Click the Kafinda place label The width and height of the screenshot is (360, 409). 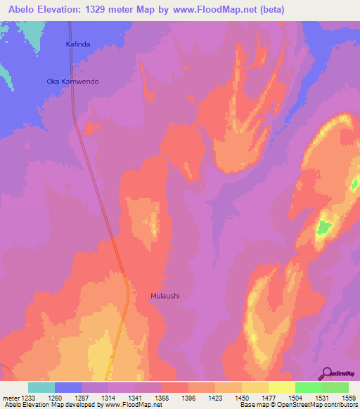tap(78, 44)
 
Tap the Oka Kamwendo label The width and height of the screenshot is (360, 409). tap(72, 82)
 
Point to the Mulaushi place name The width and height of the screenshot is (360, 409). tap(165, 296)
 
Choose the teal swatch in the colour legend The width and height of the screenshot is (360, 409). tap(41, 387)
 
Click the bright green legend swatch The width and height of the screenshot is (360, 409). tap(308, 387)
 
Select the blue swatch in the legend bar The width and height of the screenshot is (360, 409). tap(67, 387)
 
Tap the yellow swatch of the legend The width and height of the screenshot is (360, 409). tap(281, 387)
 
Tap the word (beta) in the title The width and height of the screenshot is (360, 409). tap(298, 8)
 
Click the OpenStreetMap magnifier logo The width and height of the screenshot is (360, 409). tap(327, 372)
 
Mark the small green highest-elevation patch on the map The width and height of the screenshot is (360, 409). tap(323, 226)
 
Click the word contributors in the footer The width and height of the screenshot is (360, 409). tap(339, 405)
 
